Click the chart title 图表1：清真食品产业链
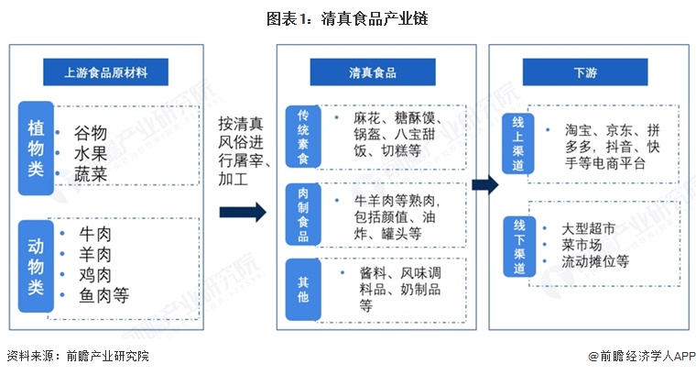347,18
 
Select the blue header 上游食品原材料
105,72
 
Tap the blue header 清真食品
373,72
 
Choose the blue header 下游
585,72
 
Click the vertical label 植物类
36,149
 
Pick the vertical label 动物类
36,266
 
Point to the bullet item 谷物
91,133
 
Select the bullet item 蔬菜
91,174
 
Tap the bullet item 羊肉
95,255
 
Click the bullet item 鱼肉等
103,295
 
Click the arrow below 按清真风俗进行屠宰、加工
243,212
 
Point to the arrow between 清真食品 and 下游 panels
485,184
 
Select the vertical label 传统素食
303,137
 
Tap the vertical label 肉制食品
303,215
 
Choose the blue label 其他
303,289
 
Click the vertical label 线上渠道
518,144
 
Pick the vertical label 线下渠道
519,247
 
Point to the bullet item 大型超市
588,229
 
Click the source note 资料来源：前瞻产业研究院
78,356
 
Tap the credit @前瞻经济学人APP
642,356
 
